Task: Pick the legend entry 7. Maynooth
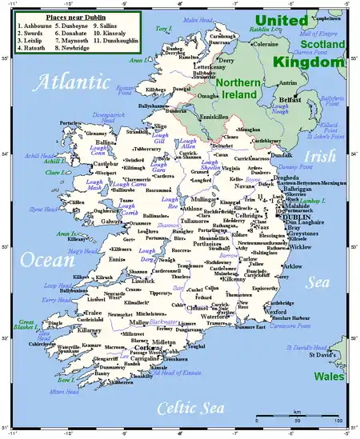[x=73, y=39]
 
